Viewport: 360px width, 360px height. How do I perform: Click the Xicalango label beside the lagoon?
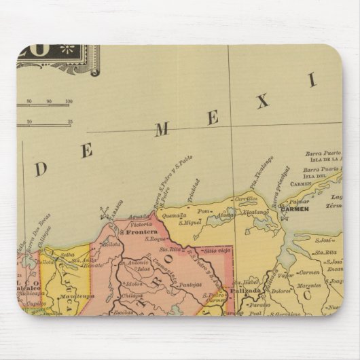[256, 211]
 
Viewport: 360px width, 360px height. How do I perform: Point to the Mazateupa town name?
[75, 296]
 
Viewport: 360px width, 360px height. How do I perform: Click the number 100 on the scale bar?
[69, 102]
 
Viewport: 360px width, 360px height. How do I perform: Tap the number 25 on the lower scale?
[70, 123]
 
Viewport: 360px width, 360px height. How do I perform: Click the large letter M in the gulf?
[161, 130]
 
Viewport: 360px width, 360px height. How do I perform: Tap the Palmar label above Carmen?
[299, 201]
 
